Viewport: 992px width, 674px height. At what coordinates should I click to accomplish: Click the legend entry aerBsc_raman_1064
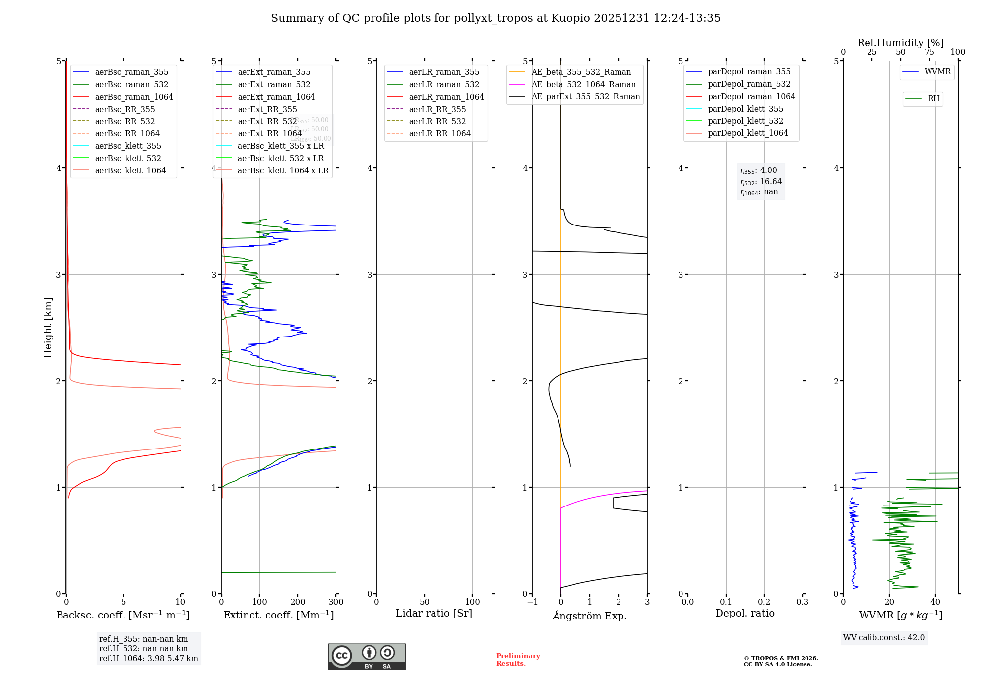134,97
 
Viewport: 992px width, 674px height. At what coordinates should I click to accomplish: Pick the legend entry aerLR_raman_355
444,72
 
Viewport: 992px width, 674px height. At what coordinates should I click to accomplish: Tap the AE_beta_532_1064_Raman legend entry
583,85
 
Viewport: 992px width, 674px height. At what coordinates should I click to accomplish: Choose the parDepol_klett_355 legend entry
745,109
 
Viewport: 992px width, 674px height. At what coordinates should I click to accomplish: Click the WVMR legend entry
937,72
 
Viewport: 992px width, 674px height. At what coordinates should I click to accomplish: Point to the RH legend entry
933,99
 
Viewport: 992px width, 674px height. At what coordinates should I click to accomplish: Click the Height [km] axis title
48,328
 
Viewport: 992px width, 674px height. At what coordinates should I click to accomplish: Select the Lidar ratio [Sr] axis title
434,614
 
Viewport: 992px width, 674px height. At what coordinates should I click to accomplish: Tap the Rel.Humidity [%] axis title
900,43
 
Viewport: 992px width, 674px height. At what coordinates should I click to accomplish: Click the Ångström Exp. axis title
590,616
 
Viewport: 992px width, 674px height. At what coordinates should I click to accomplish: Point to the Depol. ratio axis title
744,614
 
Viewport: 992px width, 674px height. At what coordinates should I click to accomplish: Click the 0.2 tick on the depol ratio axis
764,602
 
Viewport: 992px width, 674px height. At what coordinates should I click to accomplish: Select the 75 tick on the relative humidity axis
929,52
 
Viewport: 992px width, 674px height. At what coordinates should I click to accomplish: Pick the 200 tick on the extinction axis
298,602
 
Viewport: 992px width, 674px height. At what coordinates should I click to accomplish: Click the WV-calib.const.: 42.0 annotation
884,638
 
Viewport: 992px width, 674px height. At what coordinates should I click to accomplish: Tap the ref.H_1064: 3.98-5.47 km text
148,659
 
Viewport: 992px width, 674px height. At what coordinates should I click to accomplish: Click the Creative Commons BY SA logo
367,657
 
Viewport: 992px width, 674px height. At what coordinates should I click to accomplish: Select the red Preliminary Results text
518,660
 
